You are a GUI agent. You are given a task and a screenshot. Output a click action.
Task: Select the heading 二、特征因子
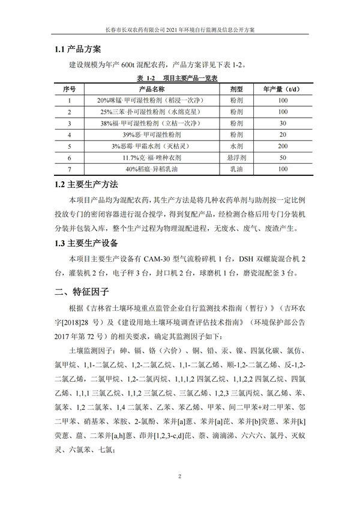81,292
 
